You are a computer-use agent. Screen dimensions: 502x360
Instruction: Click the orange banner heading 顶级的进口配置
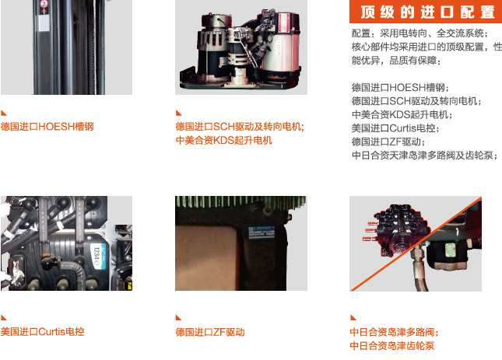click(428, 12)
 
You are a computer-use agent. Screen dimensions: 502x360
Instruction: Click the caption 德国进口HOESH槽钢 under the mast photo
click(47, 127)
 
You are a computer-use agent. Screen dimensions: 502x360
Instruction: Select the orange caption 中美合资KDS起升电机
click(224, 140)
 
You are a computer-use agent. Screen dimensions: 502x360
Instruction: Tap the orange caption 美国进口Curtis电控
click(42, 331)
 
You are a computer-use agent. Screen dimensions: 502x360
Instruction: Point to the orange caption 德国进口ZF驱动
click(210, 332)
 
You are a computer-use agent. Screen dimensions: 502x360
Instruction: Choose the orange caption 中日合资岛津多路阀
click(394, 332)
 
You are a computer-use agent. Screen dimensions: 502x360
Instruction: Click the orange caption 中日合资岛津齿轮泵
click(392, 345)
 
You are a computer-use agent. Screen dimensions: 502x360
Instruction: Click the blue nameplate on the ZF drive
click(262, 232)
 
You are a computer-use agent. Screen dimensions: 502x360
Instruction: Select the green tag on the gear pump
click(450, 248)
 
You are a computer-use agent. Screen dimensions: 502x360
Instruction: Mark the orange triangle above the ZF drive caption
click(179, 317)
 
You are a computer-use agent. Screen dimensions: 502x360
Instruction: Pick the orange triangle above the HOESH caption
click(4, 113)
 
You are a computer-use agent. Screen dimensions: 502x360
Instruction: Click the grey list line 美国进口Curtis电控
click(395, 128)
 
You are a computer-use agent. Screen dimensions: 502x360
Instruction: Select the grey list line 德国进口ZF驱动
click(388, 142)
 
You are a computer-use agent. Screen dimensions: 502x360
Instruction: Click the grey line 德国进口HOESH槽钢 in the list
click(400, 88)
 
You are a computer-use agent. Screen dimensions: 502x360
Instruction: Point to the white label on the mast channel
click(44, 23)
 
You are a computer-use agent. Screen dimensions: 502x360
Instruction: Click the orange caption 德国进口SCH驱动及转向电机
click(240, 127)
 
